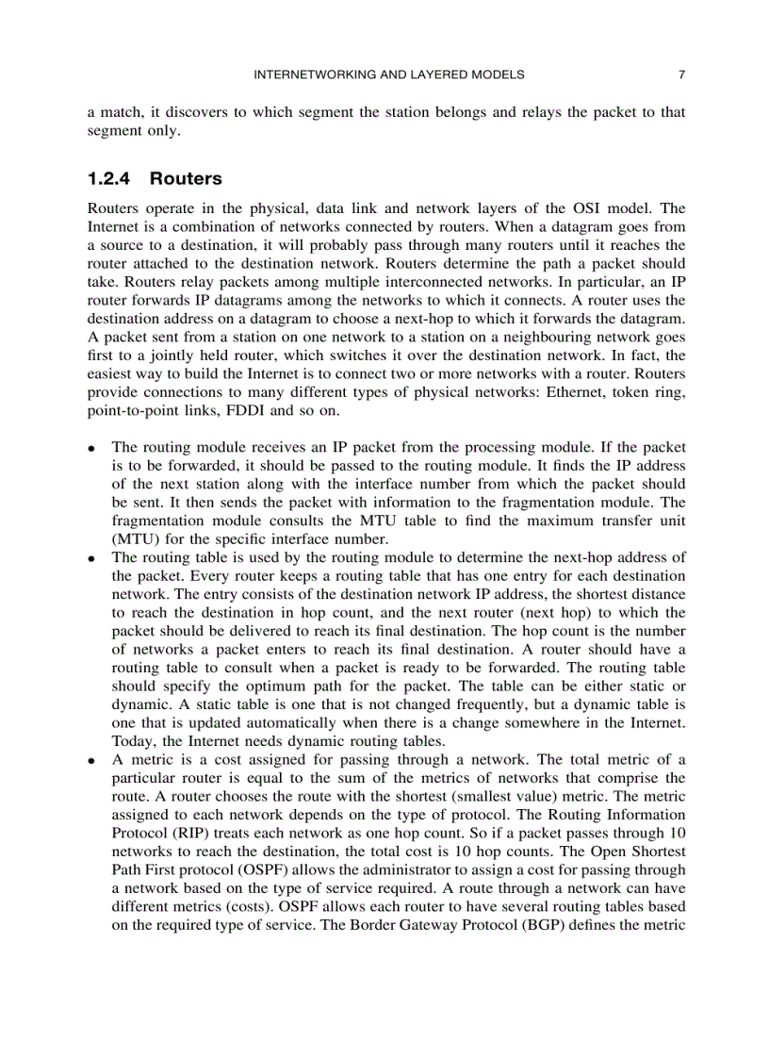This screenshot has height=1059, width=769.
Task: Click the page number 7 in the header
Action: point(680,74)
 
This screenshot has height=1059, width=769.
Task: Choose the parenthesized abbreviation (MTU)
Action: point(134,539)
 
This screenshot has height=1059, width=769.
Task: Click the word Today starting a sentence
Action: point(131,741)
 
